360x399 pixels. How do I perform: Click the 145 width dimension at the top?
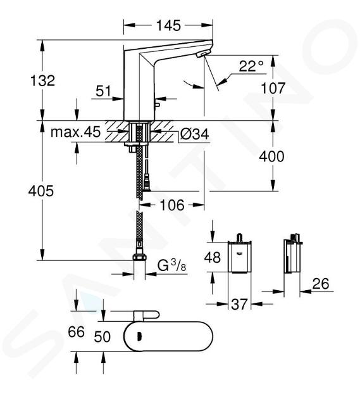(x=168, y=25)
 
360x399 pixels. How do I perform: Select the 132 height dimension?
(x=42, y=80)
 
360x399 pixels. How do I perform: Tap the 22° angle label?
(x=251, y=66)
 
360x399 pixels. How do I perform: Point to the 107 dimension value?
(x=273, y=88)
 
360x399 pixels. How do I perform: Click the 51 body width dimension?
(x=104, y=91)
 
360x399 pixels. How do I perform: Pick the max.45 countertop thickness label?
(x=75, y=132)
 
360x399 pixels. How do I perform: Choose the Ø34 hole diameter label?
(x=194, y=134)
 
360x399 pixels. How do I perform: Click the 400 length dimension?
(x=271, y=156)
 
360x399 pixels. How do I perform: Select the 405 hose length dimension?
(x=41, y=191)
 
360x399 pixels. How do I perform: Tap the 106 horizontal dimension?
(x=172, y=205)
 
